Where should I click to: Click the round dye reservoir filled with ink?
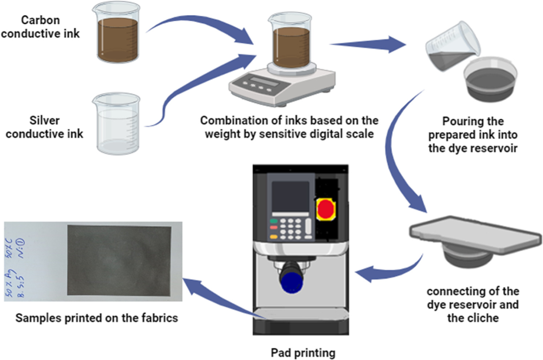tap(490, 78)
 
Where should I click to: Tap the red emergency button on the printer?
tap(325, 209)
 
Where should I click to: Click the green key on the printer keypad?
tap(274, 221)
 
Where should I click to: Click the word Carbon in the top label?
tap(40, 20)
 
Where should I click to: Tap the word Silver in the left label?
tap(44, 120)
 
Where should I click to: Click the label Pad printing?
tap(303, 352)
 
